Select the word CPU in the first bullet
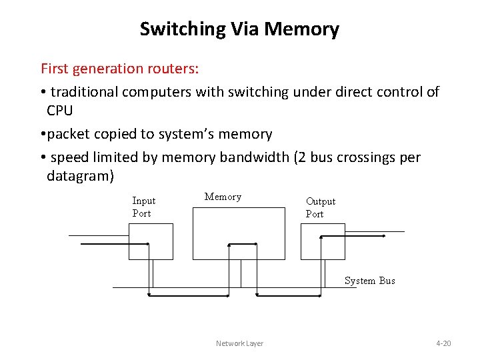59,109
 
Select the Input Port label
143,207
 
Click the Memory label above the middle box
223,197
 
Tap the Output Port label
320,207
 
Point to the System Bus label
369,281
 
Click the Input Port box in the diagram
151,241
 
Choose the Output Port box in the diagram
323,241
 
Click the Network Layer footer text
239,343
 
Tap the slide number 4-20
443,343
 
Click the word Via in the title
245,29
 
